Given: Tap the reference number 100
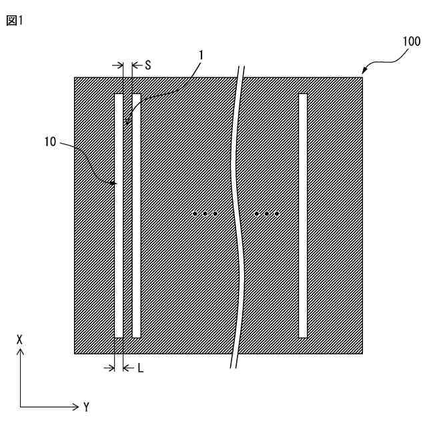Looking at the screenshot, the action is click(410, 41).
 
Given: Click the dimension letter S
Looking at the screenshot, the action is click(148, 65).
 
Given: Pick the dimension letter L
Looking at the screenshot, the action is click(141, 367).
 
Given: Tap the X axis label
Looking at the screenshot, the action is click(21, 340).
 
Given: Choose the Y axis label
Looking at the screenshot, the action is click(86, 406).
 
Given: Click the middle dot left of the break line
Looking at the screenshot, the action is click(205, 214).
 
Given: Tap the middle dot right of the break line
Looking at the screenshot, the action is click(266, 214).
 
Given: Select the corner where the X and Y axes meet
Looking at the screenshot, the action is click(21, 406).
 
